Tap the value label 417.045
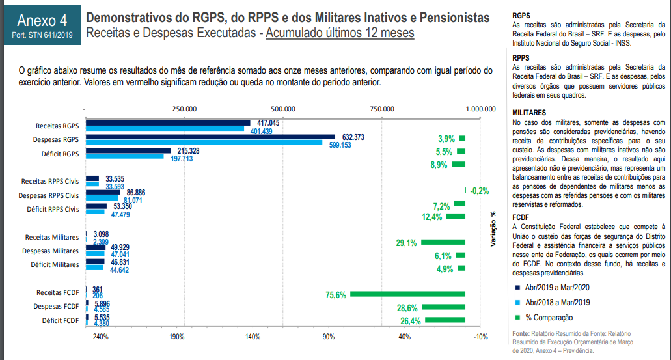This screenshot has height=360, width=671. click(268, 122)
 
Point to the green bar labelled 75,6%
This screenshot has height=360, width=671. click(407, 294)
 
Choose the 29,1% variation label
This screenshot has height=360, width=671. click(406, 243)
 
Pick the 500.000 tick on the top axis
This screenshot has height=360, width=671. click(284, 109)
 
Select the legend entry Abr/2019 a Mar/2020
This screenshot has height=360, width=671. click(557, 287)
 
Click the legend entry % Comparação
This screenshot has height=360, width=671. click(548, 317)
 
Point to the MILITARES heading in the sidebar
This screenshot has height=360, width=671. click(529, 113)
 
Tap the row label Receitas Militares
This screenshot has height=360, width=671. click(52, 237)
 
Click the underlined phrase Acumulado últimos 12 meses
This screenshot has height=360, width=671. click(340, 32)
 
